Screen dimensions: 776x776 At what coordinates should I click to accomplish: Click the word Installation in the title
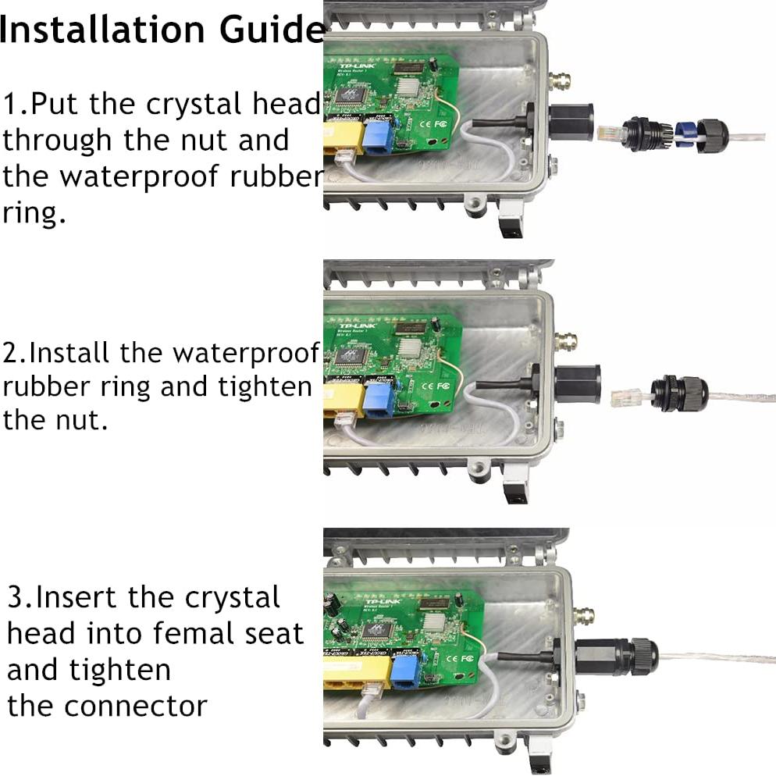point(105,30)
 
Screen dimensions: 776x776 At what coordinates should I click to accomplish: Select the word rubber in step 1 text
point(276,176)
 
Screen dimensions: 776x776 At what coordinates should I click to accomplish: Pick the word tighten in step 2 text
point(262,387)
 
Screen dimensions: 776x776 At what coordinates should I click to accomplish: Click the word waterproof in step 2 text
point(246,353)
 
